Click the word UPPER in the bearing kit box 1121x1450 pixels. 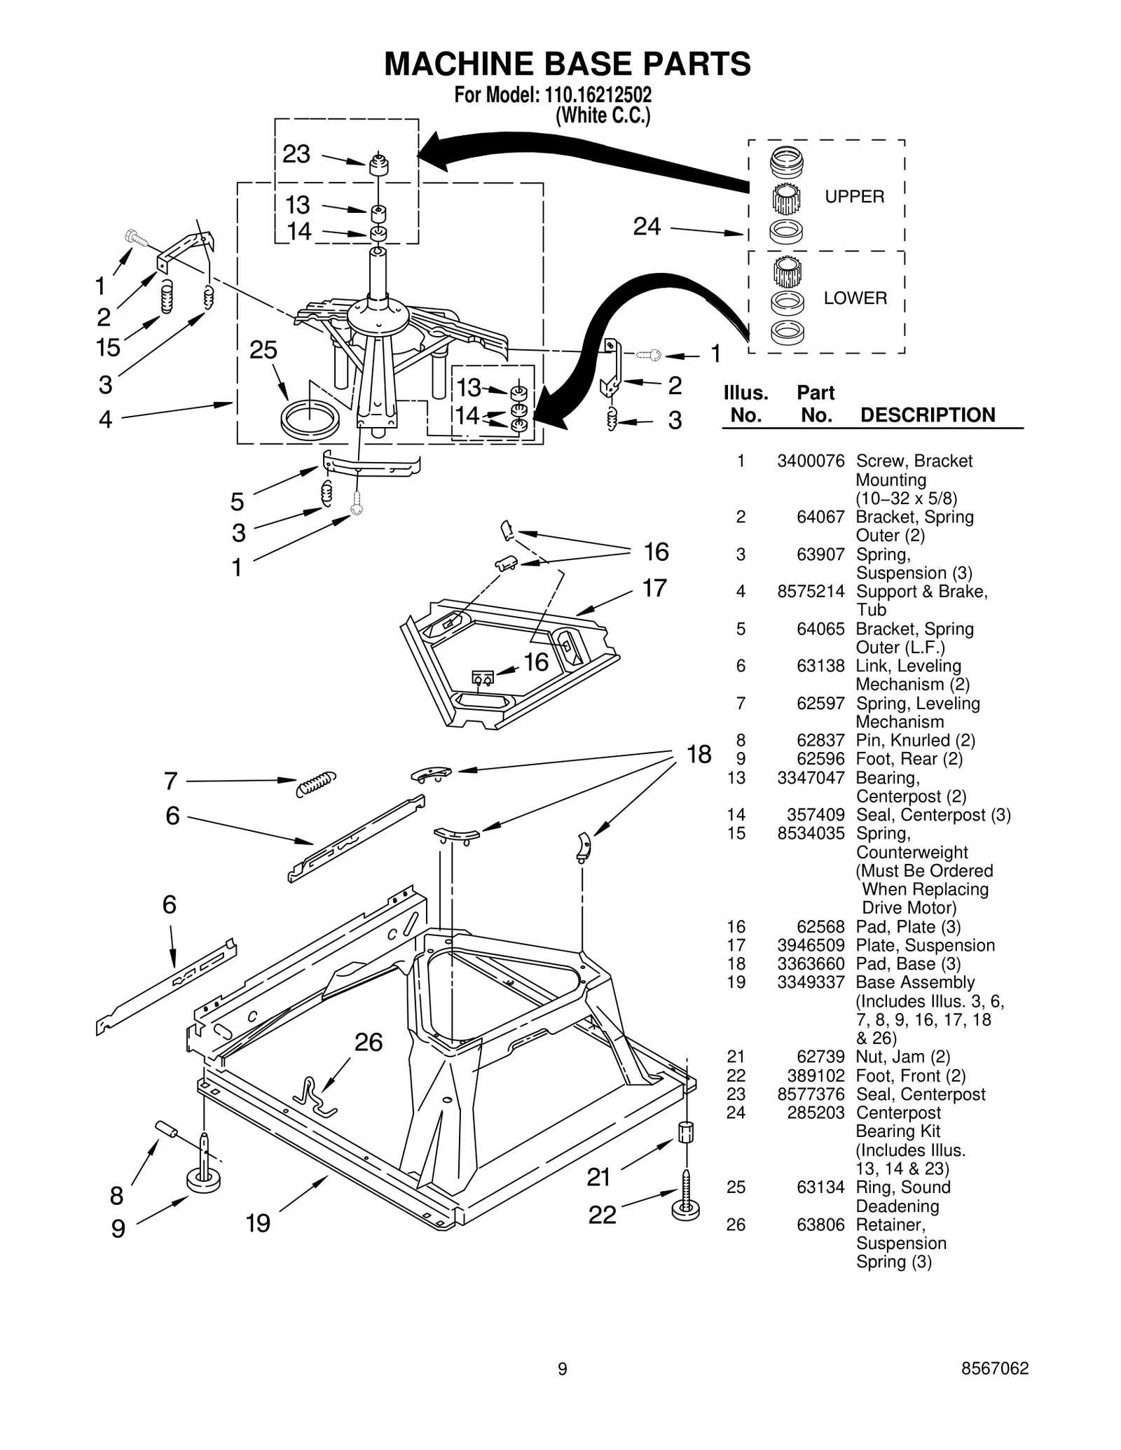(x=854, y=197)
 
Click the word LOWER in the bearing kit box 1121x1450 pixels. (x=855, y=298)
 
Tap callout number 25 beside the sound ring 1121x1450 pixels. (x=263, y=350)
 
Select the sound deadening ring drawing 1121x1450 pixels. (x=309, y=419)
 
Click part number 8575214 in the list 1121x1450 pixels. (x=811, y=592)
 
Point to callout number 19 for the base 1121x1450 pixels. (x=258, y=1222)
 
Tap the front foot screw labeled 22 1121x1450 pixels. (x=686, y=1206)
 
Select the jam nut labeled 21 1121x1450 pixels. (x=686, y=1133)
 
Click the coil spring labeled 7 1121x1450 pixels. (x=316, y=783)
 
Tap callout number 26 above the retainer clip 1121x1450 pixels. (x=369, y=1043)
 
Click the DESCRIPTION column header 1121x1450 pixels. (x=927, y=415)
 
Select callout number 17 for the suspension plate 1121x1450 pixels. (x=654, y=588)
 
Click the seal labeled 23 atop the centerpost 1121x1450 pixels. (x=378, y=166)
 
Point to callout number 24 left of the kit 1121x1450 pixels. (x=647, y=226)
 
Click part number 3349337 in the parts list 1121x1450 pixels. (x=811, y=982)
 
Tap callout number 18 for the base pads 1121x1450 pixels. (x=699, y=754)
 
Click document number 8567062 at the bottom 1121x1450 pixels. (x=995, y=1368)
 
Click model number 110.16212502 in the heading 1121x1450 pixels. (x=593, y=95)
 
